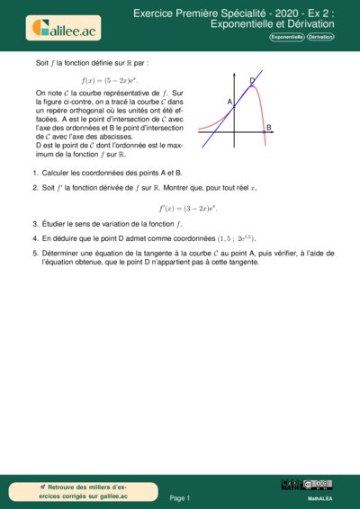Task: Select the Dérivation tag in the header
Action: [x=319, y=38]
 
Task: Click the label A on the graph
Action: [x=229, y=103]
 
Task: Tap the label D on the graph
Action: [x=252, y=81]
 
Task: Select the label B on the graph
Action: [x=268, y=129]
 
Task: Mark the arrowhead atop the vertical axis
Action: [x=234, y=70]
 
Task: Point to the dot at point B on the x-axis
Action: [x=264, y=134]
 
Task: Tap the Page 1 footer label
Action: [x=180, y=497]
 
